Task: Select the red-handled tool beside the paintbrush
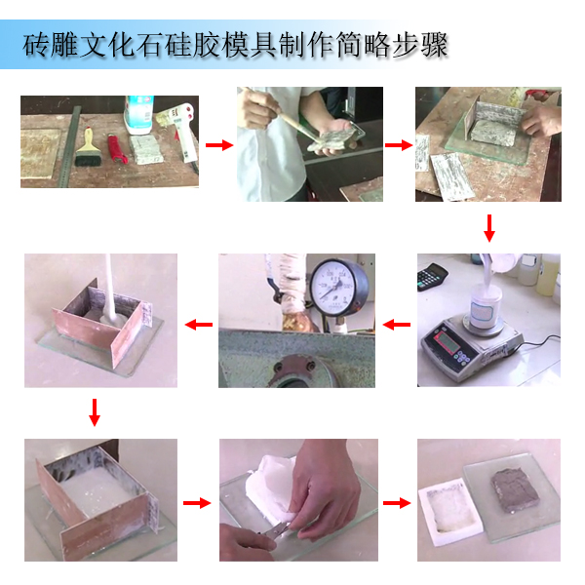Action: tap(117, 149)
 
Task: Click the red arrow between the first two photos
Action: tap(220, 145)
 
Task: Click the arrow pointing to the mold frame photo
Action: tap(398, 145)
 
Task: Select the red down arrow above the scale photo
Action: tap(489, 229)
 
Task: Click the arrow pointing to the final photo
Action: tap(395, 503)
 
